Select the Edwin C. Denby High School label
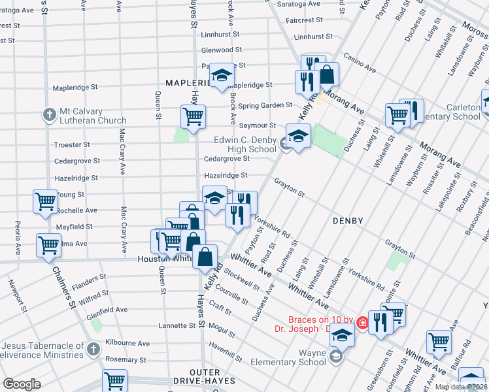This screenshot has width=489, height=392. pyautogui.click(x=245, y=144)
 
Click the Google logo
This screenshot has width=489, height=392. pyautogui.click(x=22, y=384)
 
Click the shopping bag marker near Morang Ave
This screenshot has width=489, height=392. pyautogui.click(x=326, y=75)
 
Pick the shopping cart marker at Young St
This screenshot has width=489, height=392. pyautogui.click(x=45, y=201)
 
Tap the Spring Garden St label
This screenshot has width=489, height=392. pyautogui.click(x=265, y=105)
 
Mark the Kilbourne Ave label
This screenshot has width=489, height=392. pyautogui.click(x=129, y=344)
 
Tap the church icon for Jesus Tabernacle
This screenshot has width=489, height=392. pyautogui.click(x=93, y=349)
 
